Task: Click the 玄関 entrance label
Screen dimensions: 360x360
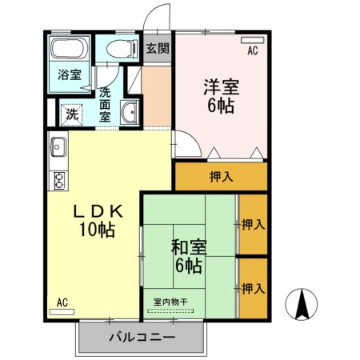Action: coord(158,48)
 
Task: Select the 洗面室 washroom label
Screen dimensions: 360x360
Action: coord(105,104)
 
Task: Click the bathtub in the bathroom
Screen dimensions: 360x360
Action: coord(70,48)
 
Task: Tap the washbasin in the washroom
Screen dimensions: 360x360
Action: coord(130,113)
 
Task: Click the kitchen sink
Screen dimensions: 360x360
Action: coord(59,148)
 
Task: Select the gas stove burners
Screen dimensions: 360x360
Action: coord(58,180)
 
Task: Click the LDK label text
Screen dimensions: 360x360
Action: coord(98,212)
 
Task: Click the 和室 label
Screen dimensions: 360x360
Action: coord(189,247)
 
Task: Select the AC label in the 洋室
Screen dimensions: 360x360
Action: coord(252,50)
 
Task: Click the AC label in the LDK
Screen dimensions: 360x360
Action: coord(62,303)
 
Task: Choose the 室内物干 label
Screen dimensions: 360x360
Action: coord(170,302)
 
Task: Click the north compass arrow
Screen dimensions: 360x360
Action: coord(303,303)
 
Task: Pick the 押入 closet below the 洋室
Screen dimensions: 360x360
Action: coord(220,177)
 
